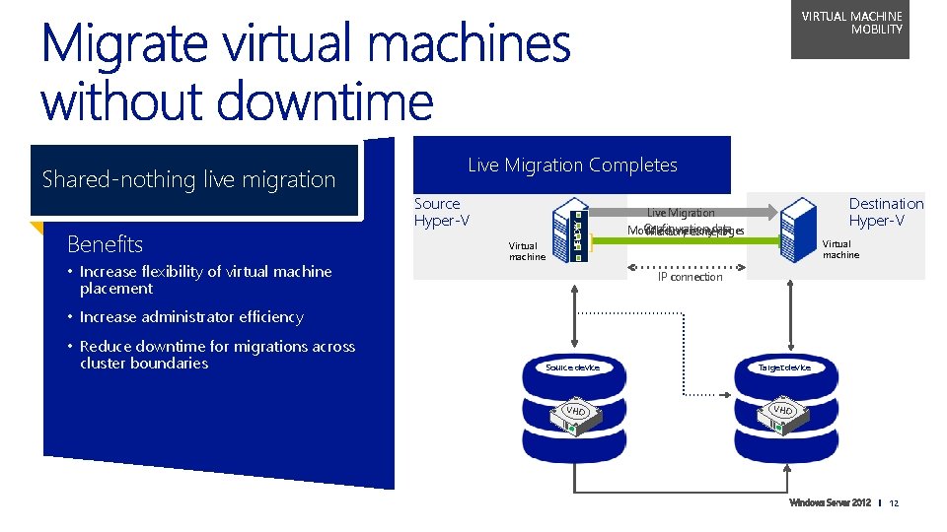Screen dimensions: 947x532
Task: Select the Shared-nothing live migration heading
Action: pos(189,179)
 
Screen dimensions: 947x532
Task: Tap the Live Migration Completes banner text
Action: pos(572,166)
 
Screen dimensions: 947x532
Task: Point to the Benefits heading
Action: pos(105,244)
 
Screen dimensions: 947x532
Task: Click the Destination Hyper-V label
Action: pos(885,212)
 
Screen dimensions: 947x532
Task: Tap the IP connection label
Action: pos(690,277)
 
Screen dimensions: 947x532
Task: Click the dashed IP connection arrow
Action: pos(690,263)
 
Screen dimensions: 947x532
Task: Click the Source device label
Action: pos(572,367)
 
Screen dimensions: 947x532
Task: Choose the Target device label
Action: pos(784,367)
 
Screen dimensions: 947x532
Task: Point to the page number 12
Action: pos(894,503)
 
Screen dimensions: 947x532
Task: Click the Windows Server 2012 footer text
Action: pos(830,503)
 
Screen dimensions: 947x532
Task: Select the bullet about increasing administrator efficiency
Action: pos(191,317)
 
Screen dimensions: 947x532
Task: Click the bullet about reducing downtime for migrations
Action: pos(217,355)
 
